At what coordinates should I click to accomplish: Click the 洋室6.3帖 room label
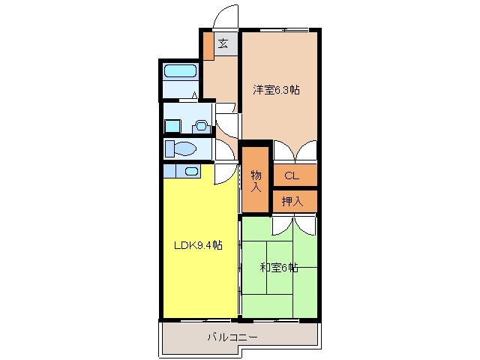[276, 90]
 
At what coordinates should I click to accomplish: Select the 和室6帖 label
[278, 267]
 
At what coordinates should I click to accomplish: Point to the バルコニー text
[232, 337]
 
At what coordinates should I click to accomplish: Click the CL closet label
[292, 175]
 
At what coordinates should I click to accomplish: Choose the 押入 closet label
[292, 201]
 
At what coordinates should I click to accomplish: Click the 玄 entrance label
[223, 43]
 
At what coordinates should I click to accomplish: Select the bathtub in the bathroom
[179, 72]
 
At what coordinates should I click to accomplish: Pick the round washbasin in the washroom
[200, 125]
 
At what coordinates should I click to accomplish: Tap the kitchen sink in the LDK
[191, 171]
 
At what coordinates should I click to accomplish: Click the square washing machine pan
[173, 126]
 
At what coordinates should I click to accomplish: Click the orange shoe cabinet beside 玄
[208, 45]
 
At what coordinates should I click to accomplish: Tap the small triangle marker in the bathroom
[195, 95]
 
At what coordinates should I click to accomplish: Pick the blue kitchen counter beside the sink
[172, 171]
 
